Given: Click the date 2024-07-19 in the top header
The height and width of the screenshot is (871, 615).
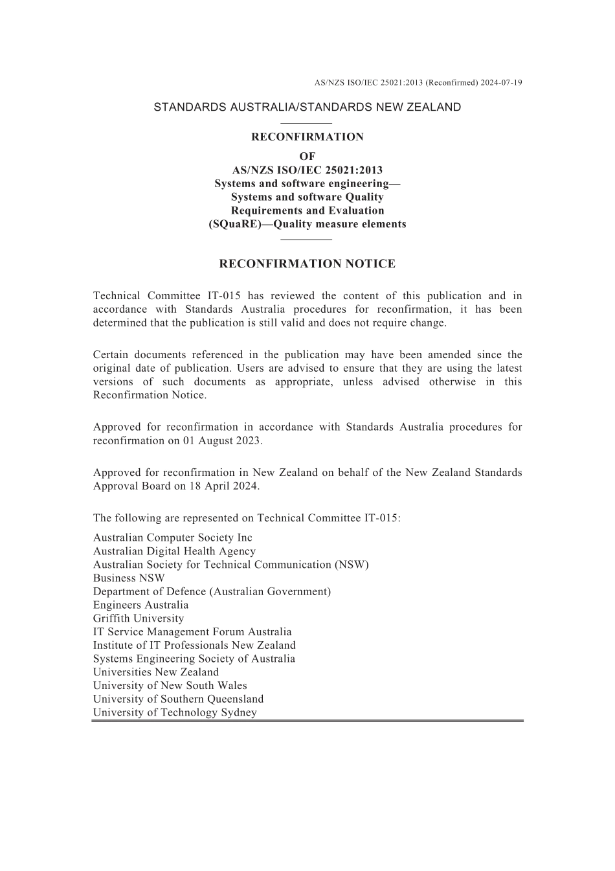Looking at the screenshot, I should tap(502, 82).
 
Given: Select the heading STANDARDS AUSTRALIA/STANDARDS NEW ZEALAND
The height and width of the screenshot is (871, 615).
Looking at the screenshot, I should tap(307, 107).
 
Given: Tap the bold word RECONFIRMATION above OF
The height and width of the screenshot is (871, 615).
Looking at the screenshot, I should tap(307, 137).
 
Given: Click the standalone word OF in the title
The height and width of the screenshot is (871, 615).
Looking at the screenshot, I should tap(307, 156).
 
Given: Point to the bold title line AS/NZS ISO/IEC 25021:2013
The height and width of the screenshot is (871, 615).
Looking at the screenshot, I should tap(307, 170).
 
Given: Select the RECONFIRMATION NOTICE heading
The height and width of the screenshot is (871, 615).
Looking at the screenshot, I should tap(307, 264).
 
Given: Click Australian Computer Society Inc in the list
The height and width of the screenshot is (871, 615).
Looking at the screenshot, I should tap(172, 537).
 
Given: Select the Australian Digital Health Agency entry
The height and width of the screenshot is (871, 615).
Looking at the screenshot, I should tap(174, 551).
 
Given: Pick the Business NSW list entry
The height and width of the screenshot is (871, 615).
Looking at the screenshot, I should tap(129, 578).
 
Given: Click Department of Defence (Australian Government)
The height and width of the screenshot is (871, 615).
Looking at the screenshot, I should tap(212, 591).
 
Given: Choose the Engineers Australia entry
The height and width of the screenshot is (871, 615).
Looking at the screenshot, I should tap(140, 605).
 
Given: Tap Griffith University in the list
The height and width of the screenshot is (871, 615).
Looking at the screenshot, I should tap(138, 618).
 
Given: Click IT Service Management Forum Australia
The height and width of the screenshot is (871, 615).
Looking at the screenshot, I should tap(192, 632).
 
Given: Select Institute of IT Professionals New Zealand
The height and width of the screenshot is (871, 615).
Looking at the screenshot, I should tap(194, 645).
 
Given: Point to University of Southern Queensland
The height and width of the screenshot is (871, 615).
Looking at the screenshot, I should tap(178, 699).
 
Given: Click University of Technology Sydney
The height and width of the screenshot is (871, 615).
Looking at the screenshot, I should tap(175, 712).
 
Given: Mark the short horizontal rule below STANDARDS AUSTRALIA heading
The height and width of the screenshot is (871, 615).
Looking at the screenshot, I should tap(307, 122).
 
